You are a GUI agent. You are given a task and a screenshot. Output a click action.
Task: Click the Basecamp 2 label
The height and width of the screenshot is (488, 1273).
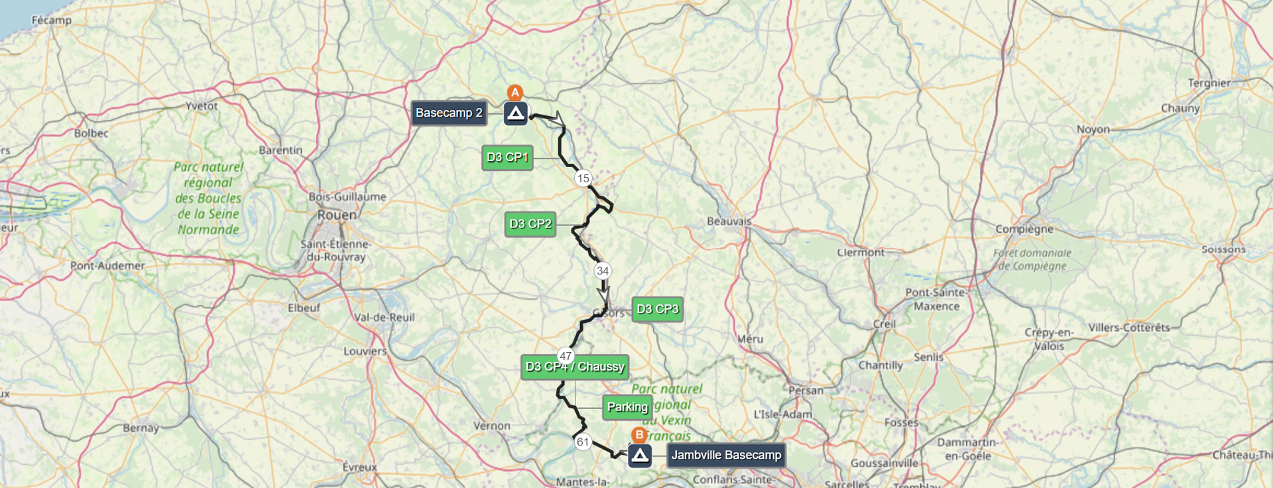(x=449, y=113)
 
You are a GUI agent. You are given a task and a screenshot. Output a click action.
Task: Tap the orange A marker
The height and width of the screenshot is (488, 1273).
(x=515, y=93)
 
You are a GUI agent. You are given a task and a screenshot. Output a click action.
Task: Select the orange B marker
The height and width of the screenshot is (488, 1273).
(x=638, y=435)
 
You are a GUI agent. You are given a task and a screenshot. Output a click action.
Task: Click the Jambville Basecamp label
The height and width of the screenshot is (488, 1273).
(x=726, y=455)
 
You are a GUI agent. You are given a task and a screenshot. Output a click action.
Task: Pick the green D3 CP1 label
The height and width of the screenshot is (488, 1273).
(x=507, y=157)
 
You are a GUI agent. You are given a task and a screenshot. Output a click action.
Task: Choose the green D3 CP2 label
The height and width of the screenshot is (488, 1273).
(x=530, y=224)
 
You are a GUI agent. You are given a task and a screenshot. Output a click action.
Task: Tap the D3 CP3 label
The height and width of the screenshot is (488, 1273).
(x=657, y=309)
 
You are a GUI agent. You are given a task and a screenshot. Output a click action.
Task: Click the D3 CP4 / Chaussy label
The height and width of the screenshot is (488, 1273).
(x=575, y=367)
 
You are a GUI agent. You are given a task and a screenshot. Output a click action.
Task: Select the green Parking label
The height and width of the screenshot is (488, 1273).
(x=627, y=407)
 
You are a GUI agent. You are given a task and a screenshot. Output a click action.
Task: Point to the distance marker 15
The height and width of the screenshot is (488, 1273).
(x=583, y=178)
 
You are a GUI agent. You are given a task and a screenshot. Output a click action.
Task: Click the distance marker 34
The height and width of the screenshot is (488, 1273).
(x=602, y=271)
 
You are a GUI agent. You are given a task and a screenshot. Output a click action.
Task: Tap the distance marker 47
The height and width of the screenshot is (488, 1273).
(x=565, y=355)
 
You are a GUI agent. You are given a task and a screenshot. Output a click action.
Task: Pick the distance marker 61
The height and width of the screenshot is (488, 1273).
(x=582, y=442)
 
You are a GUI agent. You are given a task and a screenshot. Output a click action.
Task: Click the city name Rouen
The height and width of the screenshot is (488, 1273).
(x=337, y=215)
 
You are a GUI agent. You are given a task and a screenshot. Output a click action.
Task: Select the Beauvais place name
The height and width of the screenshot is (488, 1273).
(x=729, y=221)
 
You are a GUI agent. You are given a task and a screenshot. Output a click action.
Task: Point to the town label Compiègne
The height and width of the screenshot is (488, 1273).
(x=1024, y=229)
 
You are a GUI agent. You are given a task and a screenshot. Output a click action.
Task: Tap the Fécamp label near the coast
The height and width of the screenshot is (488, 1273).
(x=51, y=20)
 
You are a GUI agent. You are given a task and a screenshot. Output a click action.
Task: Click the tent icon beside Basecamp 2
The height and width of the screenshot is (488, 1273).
(x=516, y=113)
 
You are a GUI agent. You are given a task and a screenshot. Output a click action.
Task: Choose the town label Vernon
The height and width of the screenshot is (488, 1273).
(x=491, y=426)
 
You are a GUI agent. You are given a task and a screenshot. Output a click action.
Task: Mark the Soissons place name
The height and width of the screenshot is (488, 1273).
(x=1223, y=249)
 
